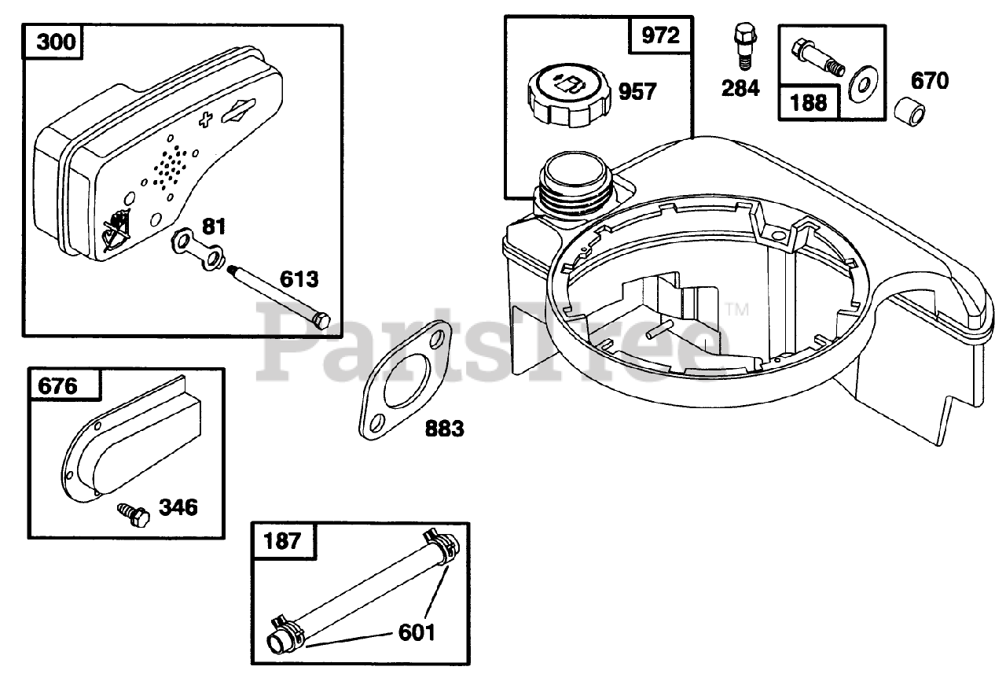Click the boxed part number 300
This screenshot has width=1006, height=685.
(x=57, y=41)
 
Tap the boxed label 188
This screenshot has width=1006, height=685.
(x=808, y=102)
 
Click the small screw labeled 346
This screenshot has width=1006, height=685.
(x=134, y=514)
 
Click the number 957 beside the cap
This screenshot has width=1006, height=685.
(x=637, y=92)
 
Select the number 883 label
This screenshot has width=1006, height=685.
(x=444, y=429)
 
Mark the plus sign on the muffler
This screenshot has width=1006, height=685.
(x=206, y=120)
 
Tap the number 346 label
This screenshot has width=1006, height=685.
(x=178, y=507)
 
